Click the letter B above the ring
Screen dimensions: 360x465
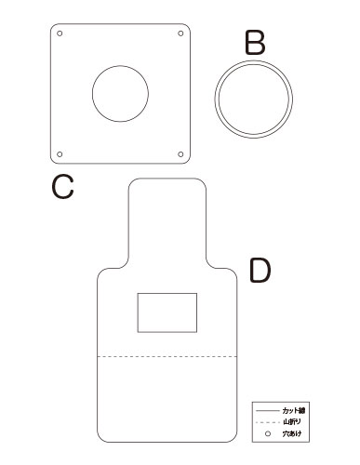pos(255,43)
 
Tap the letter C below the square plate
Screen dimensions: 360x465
pos(62,186)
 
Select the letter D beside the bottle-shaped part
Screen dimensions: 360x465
pos(260,271)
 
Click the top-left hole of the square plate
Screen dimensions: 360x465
pos(60,33)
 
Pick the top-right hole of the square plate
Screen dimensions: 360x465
pos(180,33)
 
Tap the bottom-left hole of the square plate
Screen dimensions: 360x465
pos(60,154)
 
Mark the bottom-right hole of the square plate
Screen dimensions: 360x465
pos(180,154)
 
